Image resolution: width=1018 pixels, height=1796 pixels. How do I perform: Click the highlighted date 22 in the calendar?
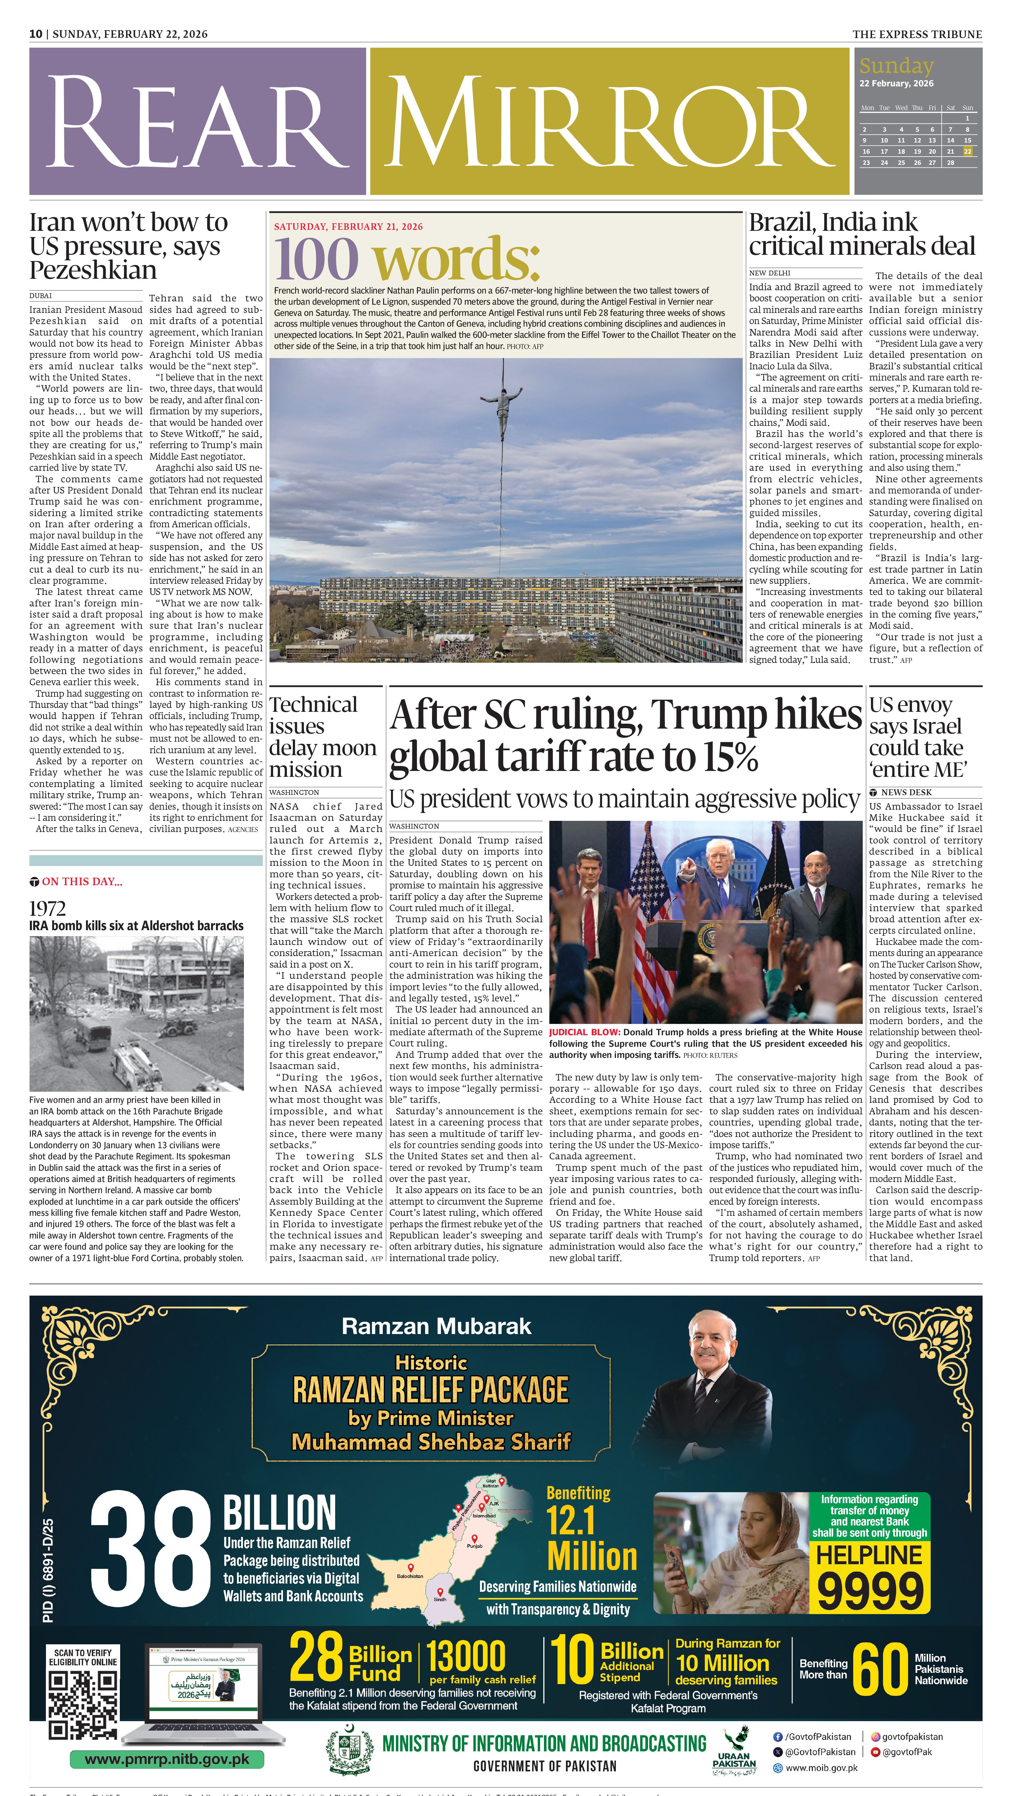[968, 151]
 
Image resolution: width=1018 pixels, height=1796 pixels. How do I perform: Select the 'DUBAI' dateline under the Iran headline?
[41, 296]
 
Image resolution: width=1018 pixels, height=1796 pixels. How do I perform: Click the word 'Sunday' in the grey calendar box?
[896, 66]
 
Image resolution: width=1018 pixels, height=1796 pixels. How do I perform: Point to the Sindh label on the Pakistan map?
[440, 1600]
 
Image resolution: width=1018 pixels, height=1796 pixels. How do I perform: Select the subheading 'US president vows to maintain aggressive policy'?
[624, 799]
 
